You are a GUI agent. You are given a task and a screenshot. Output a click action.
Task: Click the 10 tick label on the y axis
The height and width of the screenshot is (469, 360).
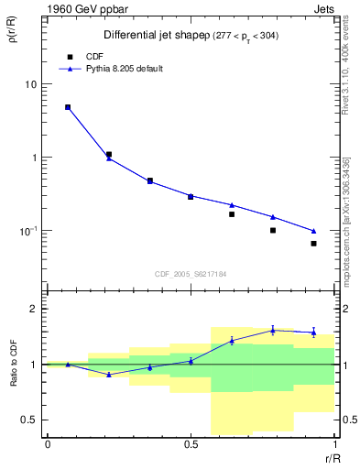30,84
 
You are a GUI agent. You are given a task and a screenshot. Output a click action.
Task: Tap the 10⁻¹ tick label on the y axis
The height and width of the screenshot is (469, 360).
28,230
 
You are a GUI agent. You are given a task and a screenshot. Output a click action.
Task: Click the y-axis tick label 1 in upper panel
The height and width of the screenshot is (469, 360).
35,158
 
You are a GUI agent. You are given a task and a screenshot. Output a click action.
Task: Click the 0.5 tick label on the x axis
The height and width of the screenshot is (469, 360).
191,445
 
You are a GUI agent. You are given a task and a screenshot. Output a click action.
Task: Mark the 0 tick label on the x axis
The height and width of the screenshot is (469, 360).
48,445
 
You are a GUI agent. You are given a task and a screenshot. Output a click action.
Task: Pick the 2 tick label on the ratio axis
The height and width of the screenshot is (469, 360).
34,309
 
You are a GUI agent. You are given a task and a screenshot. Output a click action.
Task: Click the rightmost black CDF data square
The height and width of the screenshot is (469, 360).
313,244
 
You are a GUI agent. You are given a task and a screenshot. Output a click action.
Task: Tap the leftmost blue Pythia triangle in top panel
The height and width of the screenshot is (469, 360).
68,107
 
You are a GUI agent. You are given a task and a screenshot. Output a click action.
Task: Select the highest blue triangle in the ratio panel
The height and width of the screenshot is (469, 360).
273,330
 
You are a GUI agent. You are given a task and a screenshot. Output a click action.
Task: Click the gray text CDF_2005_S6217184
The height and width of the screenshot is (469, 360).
191,273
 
